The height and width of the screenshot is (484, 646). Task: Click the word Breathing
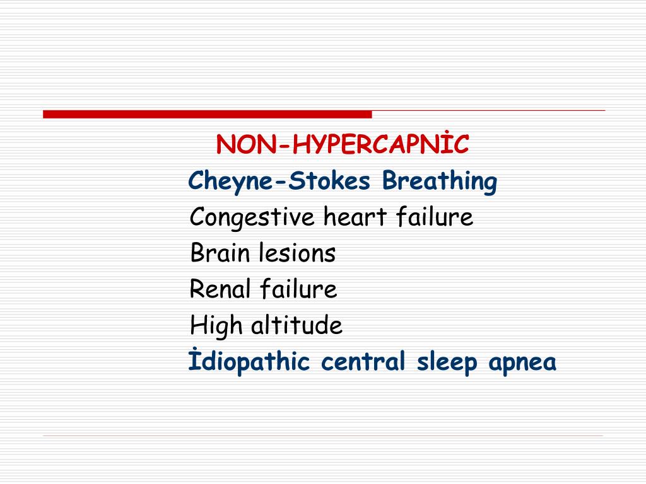[440, 182]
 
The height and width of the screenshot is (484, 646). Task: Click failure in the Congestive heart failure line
[435, 218]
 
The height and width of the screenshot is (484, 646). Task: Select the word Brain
[220, 254]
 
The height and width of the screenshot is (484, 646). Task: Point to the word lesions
[297, 254]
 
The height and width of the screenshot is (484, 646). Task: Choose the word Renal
[221, 290]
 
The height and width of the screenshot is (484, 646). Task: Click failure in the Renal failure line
[299, 290]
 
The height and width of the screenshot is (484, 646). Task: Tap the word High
[216, 326]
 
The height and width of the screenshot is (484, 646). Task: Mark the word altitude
[297, 326]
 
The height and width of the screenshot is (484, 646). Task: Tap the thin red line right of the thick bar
[488, 111]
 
